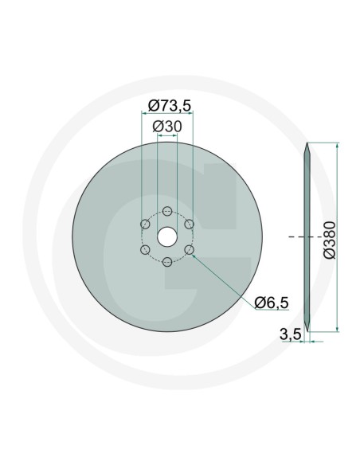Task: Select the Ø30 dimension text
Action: [x=168, y=127]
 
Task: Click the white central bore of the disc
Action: [x=167, y=236]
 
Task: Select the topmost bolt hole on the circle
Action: [x=167, y=211]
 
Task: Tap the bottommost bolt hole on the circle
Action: [x=167, y=262]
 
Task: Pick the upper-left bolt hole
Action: [x=145, y=224]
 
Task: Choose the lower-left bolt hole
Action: [x=145, y=250]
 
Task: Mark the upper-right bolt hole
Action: [x=190, y=224]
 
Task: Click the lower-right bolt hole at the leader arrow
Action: [x=190, y=250]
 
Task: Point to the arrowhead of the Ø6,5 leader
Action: [x=194, y=254]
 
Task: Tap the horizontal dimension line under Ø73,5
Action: [x=168, y=114]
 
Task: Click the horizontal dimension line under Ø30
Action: [x=168, y=137]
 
